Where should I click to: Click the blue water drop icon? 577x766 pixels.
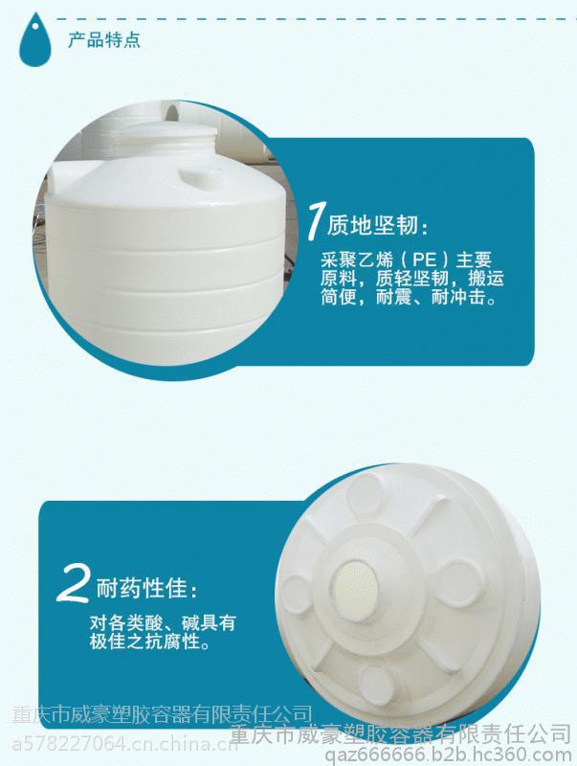point(34,40)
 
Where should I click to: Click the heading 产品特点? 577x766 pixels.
point(104,39)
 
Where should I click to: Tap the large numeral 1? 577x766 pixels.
point(315,222)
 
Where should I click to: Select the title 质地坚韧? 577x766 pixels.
point(372,225)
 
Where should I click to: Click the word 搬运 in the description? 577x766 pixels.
point(485,278)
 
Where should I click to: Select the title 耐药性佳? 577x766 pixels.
point(141,588)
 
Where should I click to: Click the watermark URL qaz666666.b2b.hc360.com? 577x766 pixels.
point(448,754)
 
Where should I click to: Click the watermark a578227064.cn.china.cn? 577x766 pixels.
point(125,745)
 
